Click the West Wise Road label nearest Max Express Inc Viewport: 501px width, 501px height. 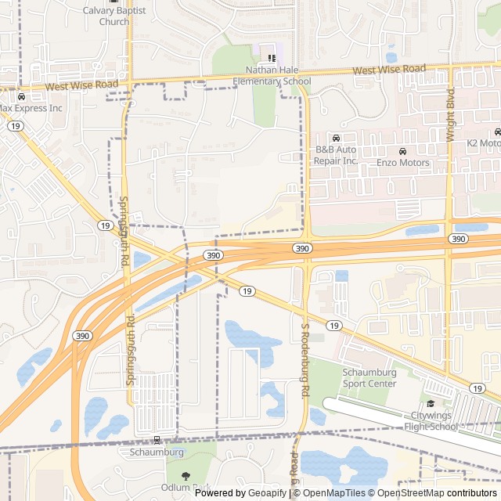coord(81,84)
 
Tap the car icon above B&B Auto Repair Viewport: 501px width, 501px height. coord(336,139)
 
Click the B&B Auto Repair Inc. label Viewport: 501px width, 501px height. coord(336,155)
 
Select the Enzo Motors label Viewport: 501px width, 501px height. coord(402,163)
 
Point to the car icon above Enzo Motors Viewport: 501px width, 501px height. coord(402,151)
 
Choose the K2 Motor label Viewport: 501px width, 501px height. coord(483,143)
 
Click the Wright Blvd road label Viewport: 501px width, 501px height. coord(450,114)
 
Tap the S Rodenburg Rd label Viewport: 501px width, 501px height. coord(306,368)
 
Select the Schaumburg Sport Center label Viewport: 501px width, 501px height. coord(369,378)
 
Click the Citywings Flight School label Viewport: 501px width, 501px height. coord(431,421)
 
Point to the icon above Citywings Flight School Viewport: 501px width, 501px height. coord(431,403)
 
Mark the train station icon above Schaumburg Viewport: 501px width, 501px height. coord(157,441)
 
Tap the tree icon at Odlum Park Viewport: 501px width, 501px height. coord(185,476)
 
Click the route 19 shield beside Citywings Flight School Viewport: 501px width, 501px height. coord(476,388)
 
